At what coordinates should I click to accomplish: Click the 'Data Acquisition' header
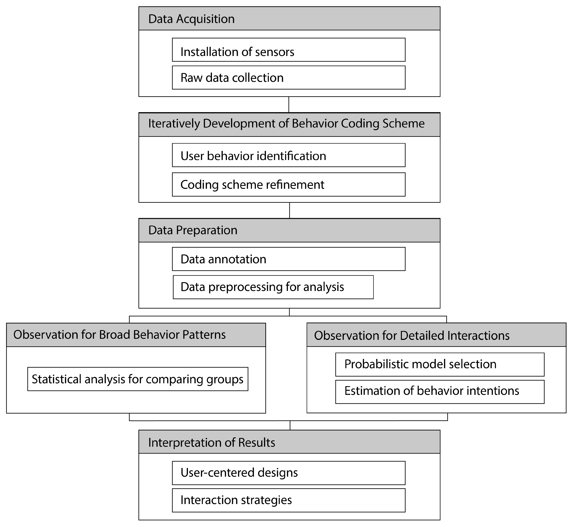coord(289,19)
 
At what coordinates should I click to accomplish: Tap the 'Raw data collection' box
coord(289,78)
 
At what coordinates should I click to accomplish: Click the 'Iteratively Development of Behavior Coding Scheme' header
coord(289,124)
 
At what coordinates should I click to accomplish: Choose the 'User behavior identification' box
coord(289,155)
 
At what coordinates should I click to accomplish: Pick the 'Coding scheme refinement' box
coord(289,184)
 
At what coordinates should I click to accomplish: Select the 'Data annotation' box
coord(289,259)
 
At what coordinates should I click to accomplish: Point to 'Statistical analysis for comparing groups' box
coord(138,379)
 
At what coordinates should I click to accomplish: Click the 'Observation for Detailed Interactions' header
coord(436,335)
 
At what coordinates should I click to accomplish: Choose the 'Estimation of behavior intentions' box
coord(440,392)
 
